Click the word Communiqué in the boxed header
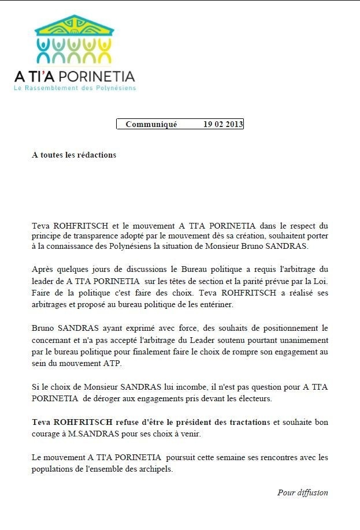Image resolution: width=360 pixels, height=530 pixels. tap(151, 124)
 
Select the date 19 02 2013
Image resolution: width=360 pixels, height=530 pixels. tap(223, 124)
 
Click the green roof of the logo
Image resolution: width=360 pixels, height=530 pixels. tap(74, 27)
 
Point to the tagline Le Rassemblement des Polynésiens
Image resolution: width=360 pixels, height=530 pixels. tap(75, 88)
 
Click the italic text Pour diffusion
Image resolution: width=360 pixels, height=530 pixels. tap(302, 492)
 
